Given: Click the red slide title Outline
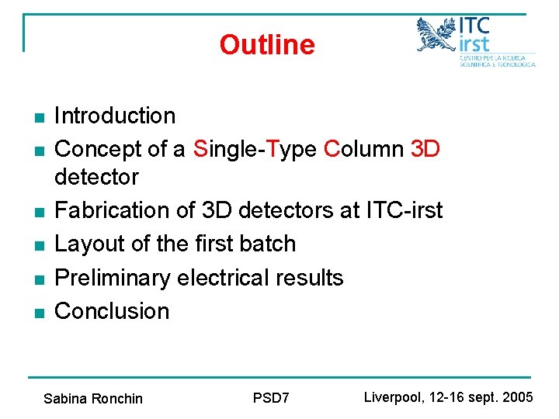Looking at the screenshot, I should (x=266, y=45).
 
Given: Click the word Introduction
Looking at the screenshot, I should (x=115, y=116).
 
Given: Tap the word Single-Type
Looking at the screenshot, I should (x=255, y=149).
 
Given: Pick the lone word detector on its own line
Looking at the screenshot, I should (x=96, y=177).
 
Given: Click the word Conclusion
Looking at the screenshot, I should (x=112, y=310).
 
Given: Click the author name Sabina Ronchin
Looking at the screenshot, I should (x=93, y=399).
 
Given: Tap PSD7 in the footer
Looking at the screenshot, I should (x=271, y=398).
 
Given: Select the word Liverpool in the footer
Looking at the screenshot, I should (x=394, y=397).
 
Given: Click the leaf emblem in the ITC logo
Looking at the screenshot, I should (x=436, y=35).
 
